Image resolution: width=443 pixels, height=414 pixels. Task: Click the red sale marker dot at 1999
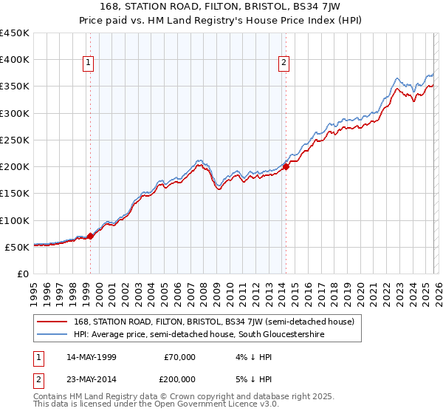coord(90,237)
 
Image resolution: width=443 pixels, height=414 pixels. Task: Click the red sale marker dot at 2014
coord(286,167)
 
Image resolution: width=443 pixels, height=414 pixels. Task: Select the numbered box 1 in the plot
coord(88,64)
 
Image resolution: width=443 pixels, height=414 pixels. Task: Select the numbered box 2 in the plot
coord(284,64)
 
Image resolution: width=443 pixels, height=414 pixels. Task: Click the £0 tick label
coord(22,274)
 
